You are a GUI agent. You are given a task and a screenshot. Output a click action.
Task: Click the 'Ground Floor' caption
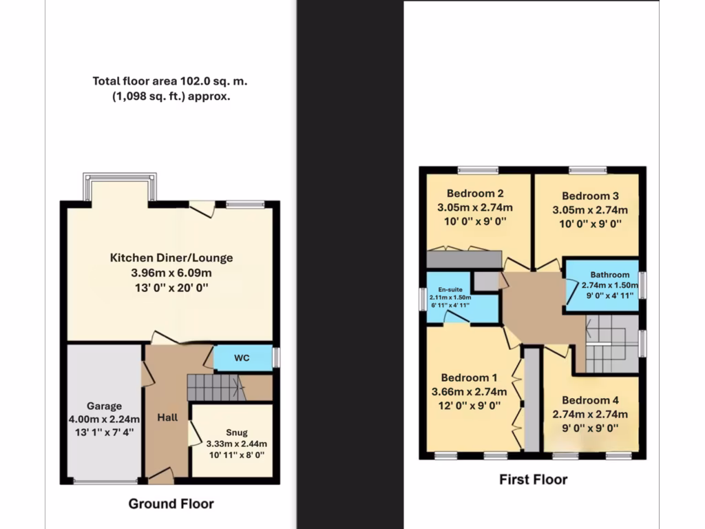(171, 504)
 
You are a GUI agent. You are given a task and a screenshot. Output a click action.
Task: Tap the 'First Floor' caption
(533, 479)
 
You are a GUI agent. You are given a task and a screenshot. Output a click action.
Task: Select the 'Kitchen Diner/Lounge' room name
(171, 258)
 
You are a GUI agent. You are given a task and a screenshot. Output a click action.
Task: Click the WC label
(242, 358)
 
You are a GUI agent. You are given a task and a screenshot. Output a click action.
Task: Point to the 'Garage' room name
(104, 406)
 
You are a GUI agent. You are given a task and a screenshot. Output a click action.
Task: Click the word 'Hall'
(167, 417)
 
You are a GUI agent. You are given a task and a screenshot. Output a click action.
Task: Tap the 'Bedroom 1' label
(469, 377)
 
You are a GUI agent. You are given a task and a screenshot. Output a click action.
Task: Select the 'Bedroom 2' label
(474, 194)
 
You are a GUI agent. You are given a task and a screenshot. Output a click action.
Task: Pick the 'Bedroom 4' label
(585, 400)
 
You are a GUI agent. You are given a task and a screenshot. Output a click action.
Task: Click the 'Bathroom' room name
(600, 275)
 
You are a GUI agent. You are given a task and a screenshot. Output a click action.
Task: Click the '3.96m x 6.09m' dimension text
(171, 273)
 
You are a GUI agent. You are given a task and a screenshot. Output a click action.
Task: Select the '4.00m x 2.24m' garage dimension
(104, 419)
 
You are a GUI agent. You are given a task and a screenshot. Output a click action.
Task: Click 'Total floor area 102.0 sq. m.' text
(170, 81)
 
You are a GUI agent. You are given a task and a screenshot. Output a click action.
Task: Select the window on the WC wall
(276, 357)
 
